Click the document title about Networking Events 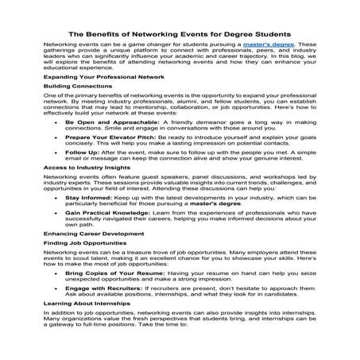(180, 34)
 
